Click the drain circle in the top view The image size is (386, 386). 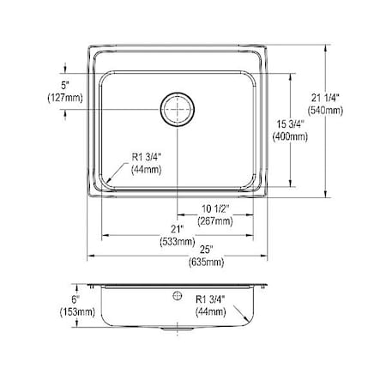[x=178, y=109]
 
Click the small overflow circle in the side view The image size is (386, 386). [x=178, y=296]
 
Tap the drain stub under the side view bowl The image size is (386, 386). [x=178, y=329]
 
